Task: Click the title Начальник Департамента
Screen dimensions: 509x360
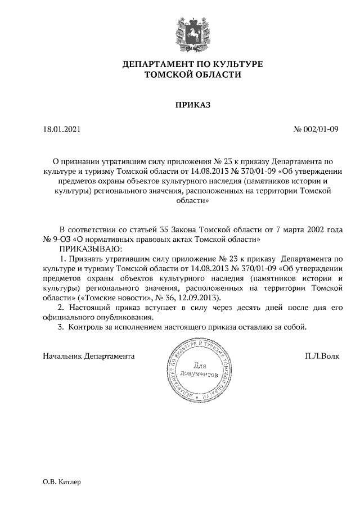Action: pyautogui.click(x=89, y=356)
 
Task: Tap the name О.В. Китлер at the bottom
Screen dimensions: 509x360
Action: pyautogui.click(x=62, y=482)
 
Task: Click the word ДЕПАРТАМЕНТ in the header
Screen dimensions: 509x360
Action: pyautogui.click(x=157, y=64)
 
